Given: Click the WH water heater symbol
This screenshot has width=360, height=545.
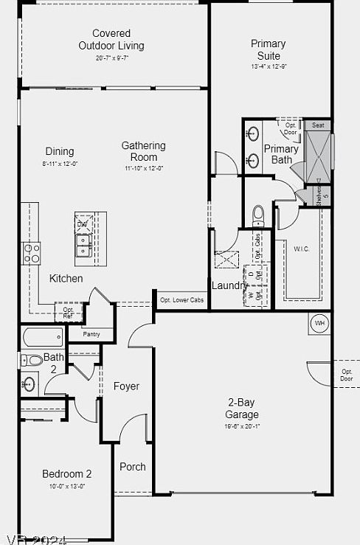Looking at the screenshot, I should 319,323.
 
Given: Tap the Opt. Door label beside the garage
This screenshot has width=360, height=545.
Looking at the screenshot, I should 346,375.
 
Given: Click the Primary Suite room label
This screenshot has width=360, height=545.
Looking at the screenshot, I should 269,49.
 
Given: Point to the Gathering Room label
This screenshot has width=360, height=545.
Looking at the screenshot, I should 143,151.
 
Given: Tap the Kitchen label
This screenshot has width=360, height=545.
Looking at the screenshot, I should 66,278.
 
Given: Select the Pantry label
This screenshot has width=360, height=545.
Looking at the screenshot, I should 91,334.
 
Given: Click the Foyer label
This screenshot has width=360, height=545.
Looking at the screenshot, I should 126,386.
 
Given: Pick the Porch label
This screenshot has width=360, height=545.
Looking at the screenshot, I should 133,466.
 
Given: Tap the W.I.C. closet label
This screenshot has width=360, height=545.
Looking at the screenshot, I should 301,249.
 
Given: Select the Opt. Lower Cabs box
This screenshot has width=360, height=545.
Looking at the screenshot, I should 181,300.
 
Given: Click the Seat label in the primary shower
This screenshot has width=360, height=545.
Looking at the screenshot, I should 318,125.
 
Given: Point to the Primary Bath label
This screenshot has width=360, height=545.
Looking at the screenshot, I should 281,154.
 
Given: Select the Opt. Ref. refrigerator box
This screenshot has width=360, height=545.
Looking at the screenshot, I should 68,312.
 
